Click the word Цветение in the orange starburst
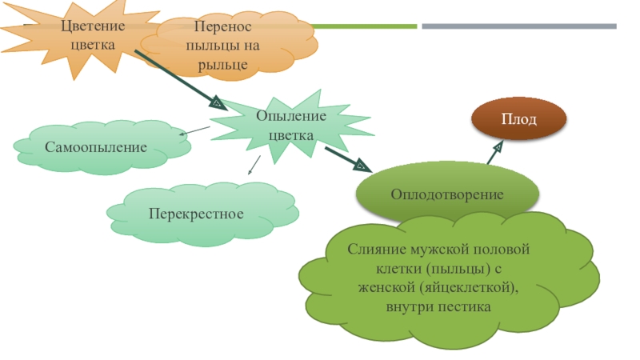(93, 26)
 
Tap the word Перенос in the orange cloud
(218, 27)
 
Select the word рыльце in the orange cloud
(218, 63)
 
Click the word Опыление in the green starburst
(291, 116)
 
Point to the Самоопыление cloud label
(96, 147)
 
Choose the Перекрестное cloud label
(195, 214)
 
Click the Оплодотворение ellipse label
(447, 194)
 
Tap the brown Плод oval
(518, 119)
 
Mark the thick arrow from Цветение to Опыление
(180, 80)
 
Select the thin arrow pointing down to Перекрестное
(253, 165)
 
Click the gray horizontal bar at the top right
(519, 26)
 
